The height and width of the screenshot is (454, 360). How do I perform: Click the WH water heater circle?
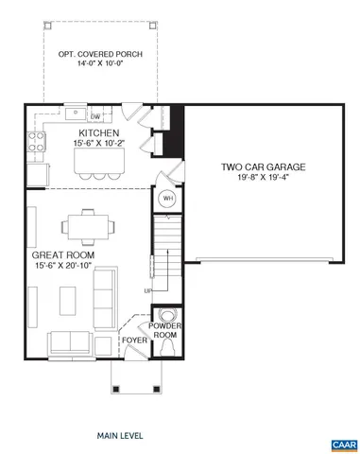click(x=167, y=199)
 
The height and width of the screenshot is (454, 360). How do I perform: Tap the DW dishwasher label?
click(x=95, y=116)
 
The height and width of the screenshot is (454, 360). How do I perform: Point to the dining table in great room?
click(x=89, y=227)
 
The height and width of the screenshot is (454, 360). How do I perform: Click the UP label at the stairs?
click(x=148, y=290)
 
